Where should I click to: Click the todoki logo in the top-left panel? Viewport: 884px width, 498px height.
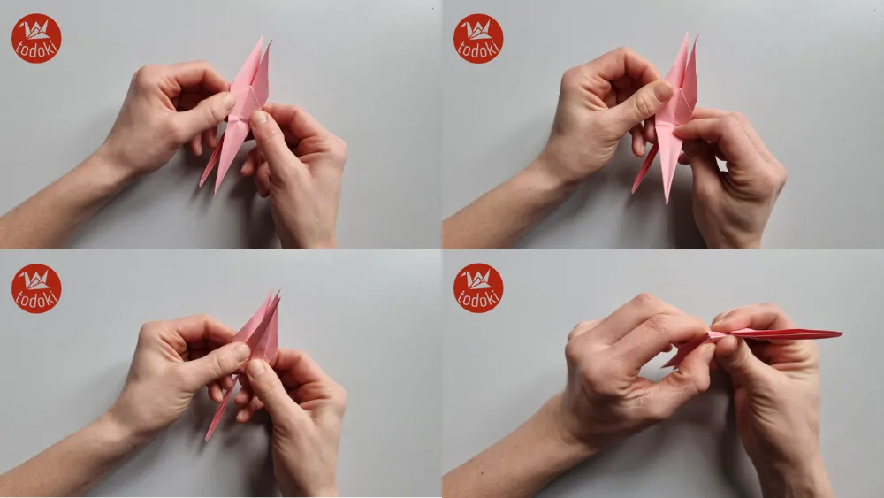tap(36, 38)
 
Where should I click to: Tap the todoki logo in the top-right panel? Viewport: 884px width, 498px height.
tap(478, 38)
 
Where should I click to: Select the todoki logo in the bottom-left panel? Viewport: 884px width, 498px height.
tap(36, 288)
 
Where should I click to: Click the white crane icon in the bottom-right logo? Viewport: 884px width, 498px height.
tap(478, 280)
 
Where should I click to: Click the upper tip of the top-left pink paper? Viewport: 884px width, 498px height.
tap(261, 39)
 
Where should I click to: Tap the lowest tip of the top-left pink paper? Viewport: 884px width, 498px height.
tap(217, 192)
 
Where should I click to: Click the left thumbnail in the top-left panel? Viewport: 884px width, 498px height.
tap(229, 102)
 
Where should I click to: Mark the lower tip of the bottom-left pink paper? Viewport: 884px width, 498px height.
tap(209, 439)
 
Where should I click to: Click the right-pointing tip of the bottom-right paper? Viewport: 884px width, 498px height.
tap(841, 333)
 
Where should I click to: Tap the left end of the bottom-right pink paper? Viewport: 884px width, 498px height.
tap(665, 364)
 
